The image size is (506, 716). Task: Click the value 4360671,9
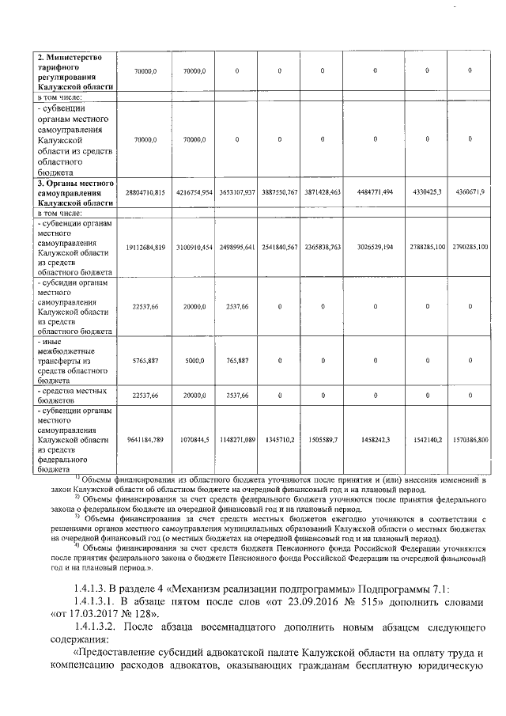click(x=470, y=192)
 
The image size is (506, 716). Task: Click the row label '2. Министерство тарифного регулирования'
click(x=76, y=71)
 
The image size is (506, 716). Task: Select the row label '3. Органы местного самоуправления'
click(x=76, y=192)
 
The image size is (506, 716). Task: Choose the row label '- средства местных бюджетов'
click(x=76, y=395)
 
